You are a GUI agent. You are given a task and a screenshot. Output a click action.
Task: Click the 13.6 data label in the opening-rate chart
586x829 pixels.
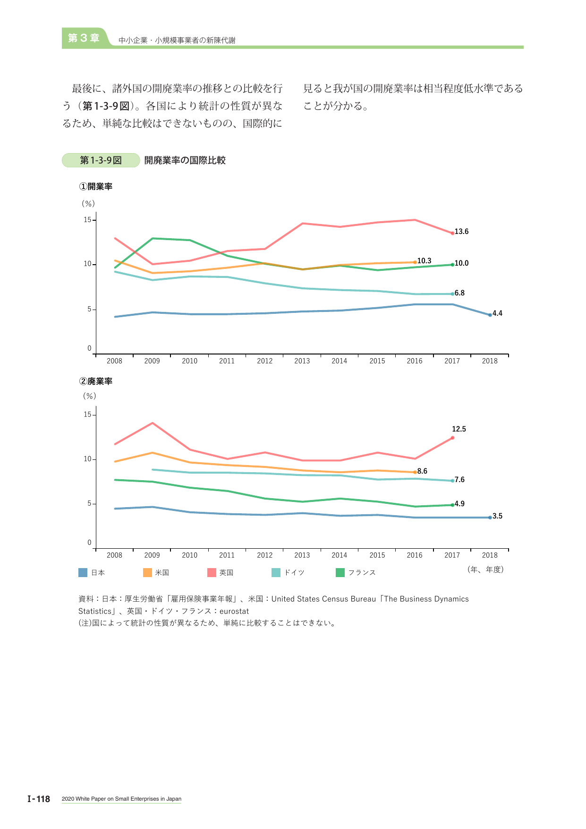[x=461, y=232]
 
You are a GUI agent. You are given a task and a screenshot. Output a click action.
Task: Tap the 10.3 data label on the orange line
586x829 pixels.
[x=424, y=261]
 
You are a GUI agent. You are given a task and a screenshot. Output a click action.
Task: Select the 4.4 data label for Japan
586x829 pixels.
[x=497, y=313]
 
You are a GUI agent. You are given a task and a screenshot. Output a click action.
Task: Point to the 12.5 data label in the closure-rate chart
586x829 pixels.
[x=459, y=429]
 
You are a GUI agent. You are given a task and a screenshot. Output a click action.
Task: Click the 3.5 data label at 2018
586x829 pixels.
[x=497, y=516]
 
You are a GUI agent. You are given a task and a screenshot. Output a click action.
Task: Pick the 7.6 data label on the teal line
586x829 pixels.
[x=459, y=480]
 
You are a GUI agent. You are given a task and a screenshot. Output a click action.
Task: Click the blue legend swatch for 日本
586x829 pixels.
[x=83, y=572]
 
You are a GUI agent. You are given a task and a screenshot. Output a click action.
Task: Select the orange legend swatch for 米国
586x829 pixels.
[x=147, y=572]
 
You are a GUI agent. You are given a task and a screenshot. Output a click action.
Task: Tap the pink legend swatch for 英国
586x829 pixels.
[x=212, y=572]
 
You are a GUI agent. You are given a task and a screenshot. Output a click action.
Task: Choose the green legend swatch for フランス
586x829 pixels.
[x=340, y=572]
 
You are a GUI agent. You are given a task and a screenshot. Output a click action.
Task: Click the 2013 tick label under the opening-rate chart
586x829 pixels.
[x=302, y=361]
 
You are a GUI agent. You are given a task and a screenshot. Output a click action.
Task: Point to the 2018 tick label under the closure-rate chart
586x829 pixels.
[x=490, y=555]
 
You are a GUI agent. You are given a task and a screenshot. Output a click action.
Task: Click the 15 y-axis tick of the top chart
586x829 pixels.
[x=87, y=220]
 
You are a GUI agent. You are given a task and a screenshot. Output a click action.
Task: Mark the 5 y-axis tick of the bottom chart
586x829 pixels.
[x=89, y=504]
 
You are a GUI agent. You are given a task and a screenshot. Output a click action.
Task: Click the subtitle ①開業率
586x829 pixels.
[x=96, y=187]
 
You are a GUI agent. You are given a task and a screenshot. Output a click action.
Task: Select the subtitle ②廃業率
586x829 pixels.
[x=96, y=381]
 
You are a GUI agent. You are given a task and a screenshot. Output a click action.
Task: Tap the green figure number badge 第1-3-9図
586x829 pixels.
[x=101, y=160]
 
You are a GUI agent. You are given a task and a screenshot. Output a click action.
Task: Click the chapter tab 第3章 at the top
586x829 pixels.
[x=84, y=38]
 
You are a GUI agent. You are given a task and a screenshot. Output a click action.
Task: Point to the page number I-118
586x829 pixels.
[x=39, y=799]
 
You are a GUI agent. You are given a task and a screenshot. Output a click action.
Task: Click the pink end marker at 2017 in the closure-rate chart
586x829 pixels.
[x=452, y=438]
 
